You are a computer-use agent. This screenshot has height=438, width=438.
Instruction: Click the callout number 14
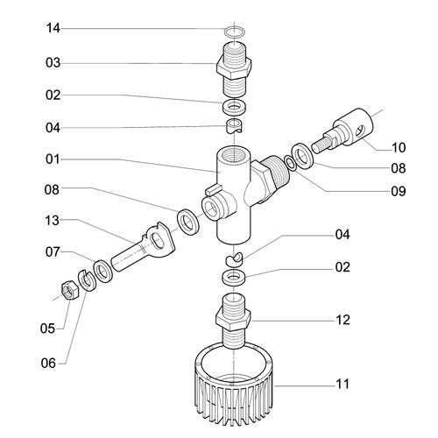53,28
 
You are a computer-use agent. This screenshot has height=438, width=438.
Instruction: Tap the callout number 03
53,63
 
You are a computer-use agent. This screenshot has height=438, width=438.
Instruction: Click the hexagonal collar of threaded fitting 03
234,67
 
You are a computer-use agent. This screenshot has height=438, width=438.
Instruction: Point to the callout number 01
53,159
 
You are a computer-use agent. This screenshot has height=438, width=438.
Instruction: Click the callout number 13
52,221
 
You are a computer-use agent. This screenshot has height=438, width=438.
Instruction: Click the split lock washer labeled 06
86,280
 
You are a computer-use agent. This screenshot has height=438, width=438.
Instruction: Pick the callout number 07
53,252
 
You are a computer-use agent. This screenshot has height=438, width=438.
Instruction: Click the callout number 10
399,148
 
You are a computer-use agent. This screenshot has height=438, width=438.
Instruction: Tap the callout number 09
399,191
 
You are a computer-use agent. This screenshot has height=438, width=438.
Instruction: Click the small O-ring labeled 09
291,162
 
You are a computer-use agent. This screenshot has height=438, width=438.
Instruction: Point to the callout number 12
343,320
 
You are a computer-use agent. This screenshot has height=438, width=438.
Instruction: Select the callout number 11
343,384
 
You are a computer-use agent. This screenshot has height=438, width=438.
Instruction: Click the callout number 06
48,364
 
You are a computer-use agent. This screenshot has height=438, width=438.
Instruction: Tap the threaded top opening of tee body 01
234,155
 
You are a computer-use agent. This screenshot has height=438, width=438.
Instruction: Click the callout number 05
47,328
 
